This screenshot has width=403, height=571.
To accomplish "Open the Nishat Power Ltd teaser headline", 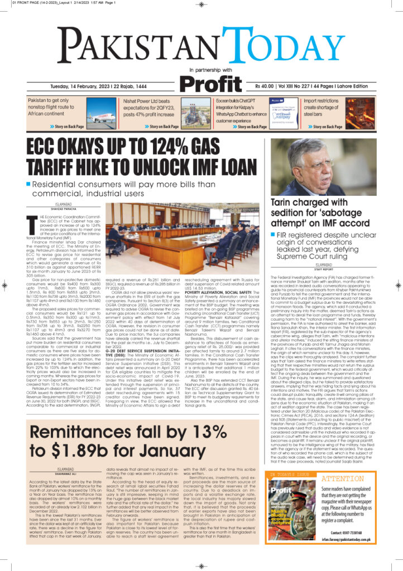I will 146,108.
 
